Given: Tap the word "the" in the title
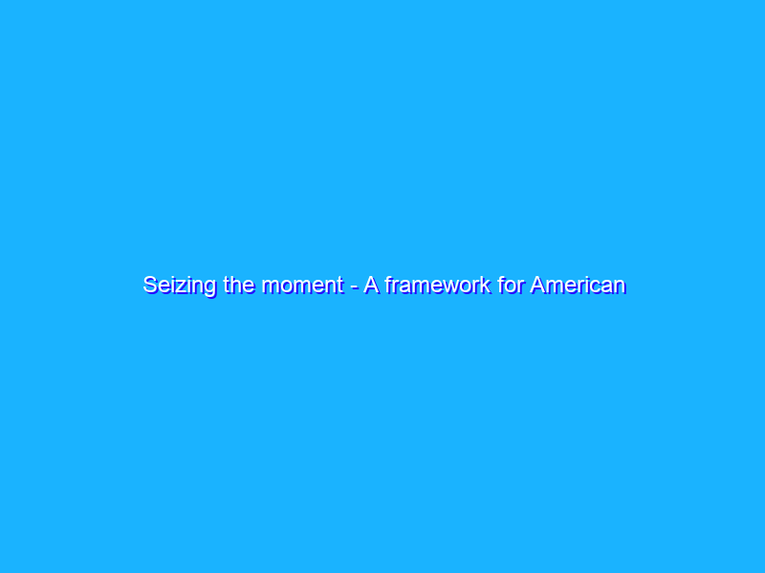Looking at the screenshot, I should (237, 285).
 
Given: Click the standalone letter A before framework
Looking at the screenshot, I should (370, 284).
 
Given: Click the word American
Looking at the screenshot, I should (579, 285).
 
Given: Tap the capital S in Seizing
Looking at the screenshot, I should (150, 285).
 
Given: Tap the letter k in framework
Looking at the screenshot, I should (487, 285).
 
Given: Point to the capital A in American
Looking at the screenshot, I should (538, 284).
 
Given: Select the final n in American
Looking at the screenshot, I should (620, 286).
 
